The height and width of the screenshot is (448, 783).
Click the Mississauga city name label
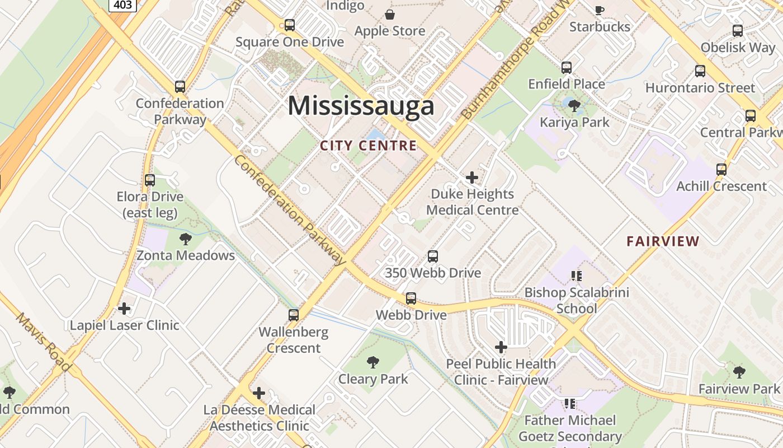(361, 106)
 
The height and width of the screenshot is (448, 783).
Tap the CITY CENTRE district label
(369, 146)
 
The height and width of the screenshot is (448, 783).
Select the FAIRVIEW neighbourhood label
(663, 241)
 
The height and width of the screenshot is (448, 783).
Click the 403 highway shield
(122, 5)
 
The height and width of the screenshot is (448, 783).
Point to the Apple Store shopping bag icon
(390, 15)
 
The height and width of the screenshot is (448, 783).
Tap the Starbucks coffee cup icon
(600, 10)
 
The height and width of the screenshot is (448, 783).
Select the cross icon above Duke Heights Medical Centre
(472, 178)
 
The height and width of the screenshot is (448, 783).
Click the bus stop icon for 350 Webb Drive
(433, 256)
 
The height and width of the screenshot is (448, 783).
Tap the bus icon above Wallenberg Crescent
(294, 315)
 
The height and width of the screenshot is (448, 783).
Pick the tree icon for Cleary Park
(373, 362)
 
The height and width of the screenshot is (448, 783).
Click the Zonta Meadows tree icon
(186, 239)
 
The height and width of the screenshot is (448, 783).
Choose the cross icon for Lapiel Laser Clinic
(124, 309)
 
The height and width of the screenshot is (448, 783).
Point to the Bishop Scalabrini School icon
(577, 276)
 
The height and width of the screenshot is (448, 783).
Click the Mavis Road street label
(43, 342)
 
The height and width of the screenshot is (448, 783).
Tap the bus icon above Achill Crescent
(721, 170)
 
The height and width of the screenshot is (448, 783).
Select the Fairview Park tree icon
(739, 372)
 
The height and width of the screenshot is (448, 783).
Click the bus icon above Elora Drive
(150, 180)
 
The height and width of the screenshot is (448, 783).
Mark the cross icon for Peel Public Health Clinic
(501, 347)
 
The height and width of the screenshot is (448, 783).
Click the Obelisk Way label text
(738, 48)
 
